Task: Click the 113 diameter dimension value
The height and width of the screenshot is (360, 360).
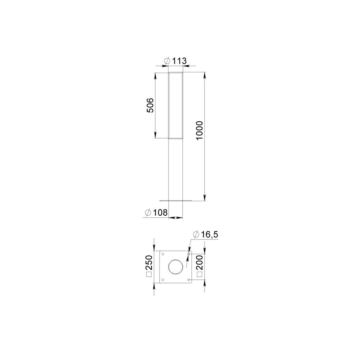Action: click(x=180, y=61)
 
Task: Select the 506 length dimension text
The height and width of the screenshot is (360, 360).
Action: click(x=150, y=105)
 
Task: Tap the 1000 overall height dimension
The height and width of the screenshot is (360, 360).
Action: click(x=199, y=130)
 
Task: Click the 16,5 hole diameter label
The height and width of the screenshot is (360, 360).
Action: click(x=210, y=235)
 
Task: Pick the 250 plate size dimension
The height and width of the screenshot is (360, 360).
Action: click(x=149, y=262)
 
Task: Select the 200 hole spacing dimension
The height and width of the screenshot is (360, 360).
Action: click(x=199, y=262)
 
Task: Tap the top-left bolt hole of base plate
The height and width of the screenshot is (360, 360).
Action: click(x=163, y=254)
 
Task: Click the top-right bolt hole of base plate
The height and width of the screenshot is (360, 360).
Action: click(x=189, y=254)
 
